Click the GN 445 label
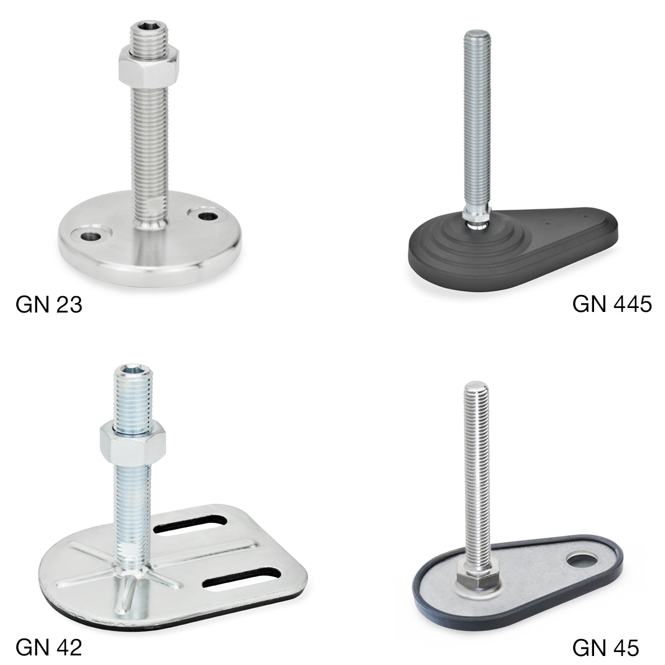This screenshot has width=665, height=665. click(612, 304)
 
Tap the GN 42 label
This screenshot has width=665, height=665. click(49, 647)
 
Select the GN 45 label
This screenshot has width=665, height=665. click(605, 648)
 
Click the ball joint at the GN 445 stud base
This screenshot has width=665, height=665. click(475, 220)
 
